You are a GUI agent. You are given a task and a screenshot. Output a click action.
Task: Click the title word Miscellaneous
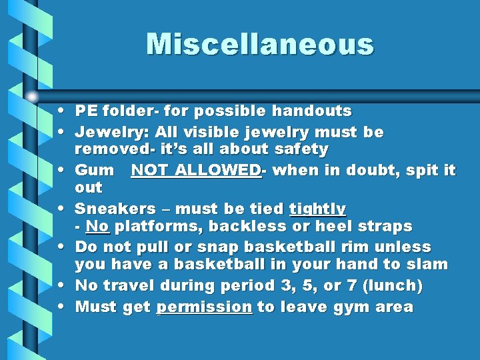click(x=260, y=44)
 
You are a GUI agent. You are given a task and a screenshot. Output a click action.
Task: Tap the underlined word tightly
click(x=317, y=209)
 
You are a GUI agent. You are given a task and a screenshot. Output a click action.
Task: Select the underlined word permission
click(x=204, y=307)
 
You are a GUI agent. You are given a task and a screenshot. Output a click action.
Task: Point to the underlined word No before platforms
click(x=97, y=227)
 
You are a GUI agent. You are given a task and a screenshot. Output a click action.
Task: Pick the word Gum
click(x=94, y=170)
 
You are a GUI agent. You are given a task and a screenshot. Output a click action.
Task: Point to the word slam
click(x=427, y=265)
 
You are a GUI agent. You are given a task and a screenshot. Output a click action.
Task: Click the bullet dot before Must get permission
click(x=61, y=307)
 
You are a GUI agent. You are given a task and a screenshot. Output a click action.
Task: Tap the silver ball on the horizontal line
click(x=32, y=96)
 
